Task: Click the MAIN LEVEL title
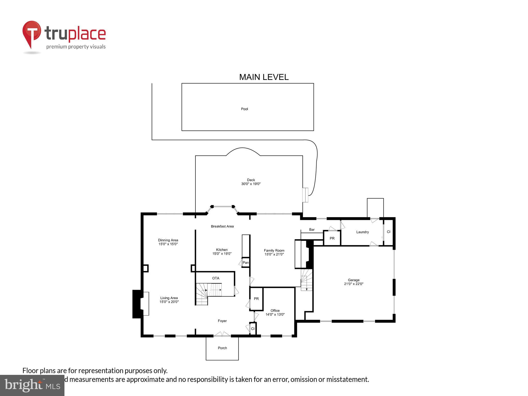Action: coord(264,77)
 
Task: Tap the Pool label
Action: coord(244,109)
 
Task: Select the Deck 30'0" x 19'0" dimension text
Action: coord(251,184)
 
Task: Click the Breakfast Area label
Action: coord(222,226)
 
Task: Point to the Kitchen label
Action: coord(222,250)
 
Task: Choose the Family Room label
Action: coord(274,250)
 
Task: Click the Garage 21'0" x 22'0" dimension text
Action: coord(353,284)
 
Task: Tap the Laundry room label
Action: coord(362,232)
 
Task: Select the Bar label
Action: coord(312,229)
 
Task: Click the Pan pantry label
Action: coord(246,263)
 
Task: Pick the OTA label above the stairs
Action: coord(216,278)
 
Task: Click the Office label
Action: coord(275,310)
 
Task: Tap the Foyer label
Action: coord(222,321)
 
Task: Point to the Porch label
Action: coord(222,348)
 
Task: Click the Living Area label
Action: coord(169,298)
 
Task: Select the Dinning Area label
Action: coord(168,240)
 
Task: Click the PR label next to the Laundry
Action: coord(332,238)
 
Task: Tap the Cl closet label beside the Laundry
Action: coord(389,232)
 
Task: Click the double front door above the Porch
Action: coord(222,334)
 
